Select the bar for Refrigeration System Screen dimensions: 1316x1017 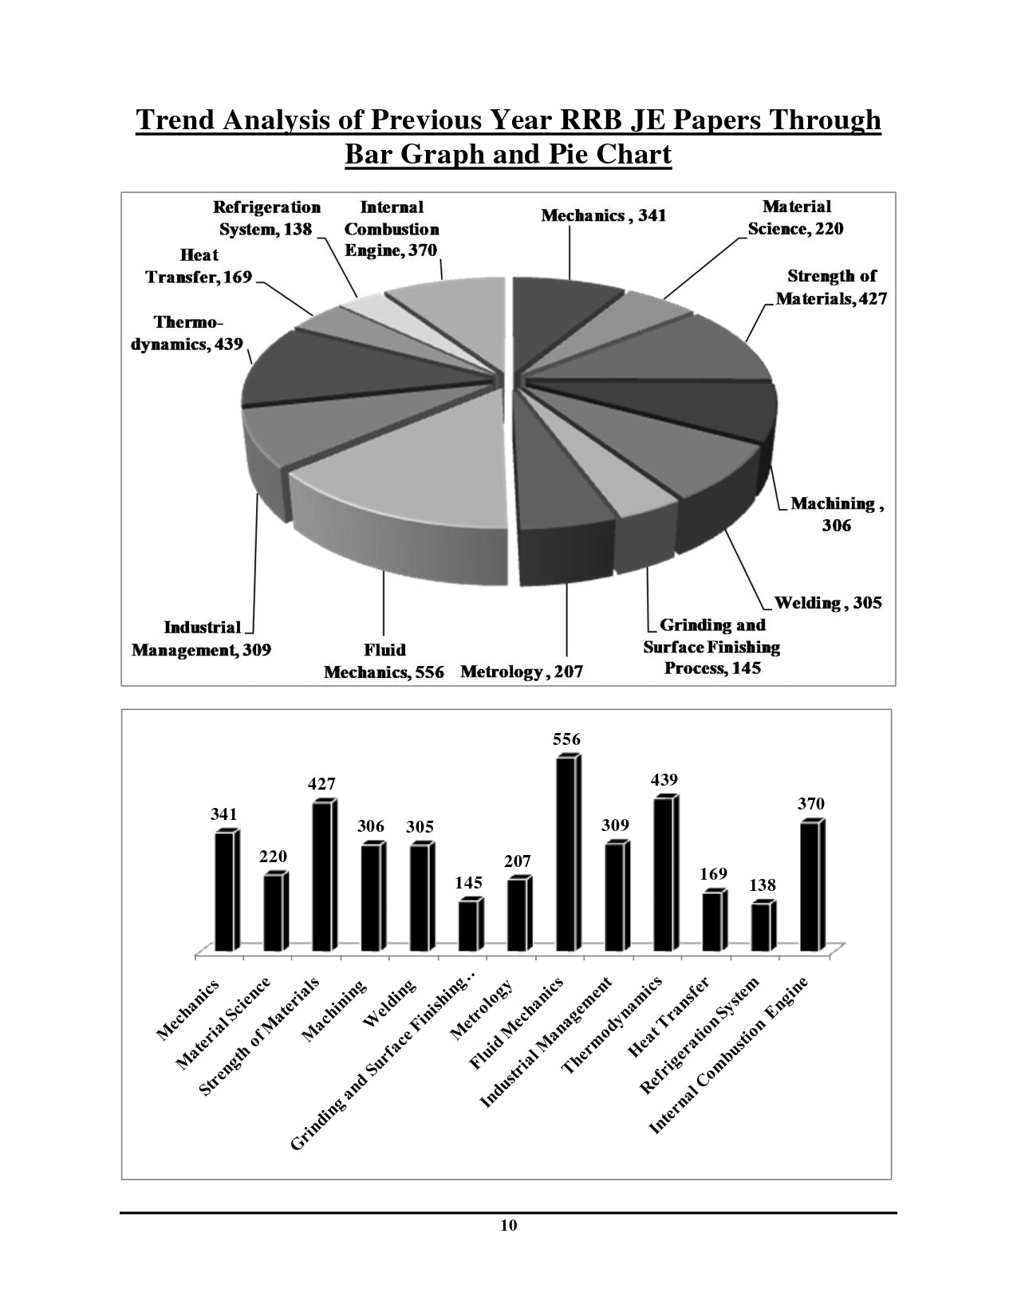click(762, 927)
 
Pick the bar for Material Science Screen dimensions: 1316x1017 click(274, 912)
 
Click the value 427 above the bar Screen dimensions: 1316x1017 click(322, 785)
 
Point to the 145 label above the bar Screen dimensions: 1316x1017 click(468, 883)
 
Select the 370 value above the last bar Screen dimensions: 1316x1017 click(811, 804)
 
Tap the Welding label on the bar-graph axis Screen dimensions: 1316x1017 click(390, 1003)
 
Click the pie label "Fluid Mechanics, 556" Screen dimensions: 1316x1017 click(384, 661)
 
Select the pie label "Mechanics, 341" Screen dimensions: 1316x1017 click(603, 215)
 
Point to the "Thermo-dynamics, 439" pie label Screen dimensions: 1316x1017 click(187, 334)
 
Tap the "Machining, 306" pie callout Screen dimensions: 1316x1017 click(837, 514)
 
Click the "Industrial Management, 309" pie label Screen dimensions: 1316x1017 click(202, 639)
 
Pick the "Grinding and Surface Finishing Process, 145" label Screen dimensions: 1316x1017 click(712, 647)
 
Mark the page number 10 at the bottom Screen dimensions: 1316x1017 click(509, 1226)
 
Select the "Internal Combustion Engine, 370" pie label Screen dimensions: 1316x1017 click(391, 229)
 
